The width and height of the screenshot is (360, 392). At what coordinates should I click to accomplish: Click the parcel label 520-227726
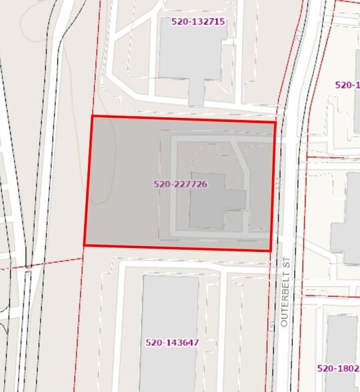pyautogui.click(x=180, y=184)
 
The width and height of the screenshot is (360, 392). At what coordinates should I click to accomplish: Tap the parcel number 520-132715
pyautogui.click(x=198, y=21)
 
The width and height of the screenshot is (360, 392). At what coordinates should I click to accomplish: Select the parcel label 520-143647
pyautogui.click(x=172, y=343)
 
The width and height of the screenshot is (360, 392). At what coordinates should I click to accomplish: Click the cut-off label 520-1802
pyautogui.click(x=338, y=368)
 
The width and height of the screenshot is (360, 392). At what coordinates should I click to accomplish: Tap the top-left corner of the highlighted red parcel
pyautogui.click(x=91, y=116)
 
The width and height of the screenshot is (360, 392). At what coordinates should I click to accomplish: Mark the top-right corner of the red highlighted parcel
pyautogui.click(x=275, y=122)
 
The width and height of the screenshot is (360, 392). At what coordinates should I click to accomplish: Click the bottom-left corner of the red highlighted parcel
pyautogui.click(x=84, y=245)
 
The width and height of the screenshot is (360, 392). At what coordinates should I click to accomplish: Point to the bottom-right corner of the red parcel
pyautogui.click(x=271, y=251)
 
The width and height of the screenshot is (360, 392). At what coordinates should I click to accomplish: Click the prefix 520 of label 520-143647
pyautogui.click(x=153, y=343)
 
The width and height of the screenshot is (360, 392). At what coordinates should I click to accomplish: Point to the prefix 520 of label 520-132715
pyautogui.click(x=179, y=21)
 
